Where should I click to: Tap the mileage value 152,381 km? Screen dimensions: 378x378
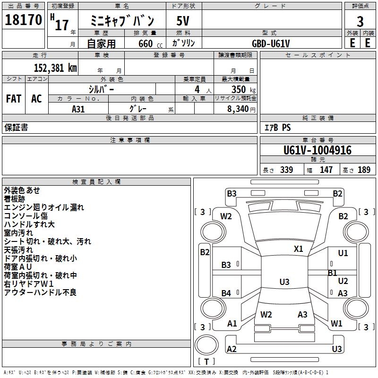(55, 68)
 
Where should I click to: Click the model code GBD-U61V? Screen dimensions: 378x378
(271, 43)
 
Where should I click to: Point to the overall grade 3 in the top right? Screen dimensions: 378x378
(360, 21)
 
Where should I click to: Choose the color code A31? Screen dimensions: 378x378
(78, 108)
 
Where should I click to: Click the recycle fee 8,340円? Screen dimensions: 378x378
(241, 109)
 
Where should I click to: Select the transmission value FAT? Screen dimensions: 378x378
(14, 98)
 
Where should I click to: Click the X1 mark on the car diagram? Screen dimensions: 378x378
(298, 249)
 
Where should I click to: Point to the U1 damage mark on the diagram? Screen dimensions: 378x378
(343, 253)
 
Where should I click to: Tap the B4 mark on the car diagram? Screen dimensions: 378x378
(226, 293)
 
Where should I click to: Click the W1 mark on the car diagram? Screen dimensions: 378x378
(336, 324)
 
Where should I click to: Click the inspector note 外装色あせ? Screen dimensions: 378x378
(22, 190)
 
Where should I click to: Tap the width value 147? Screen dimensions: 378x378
(326, 170)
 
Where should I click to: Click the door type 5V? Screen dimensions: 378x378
(183, 21)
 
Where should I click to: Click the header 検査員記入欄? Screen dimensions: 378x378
(96, 181)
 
